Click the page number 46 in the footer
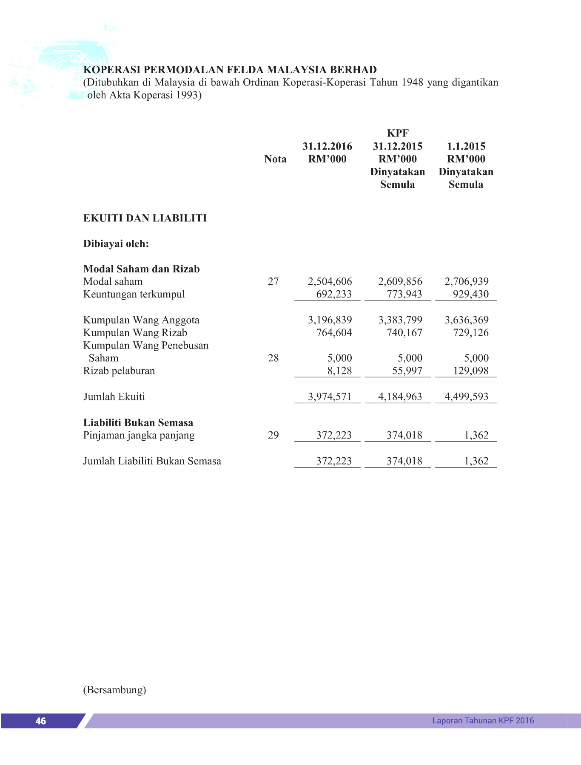tap(41, 721)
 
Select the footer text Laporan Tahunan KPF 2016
tap(483, 720)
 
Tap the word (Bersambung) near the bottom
tap(114, 689)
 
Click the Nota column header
tap(275, 159)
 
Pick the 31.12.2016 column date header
tap(327, 146)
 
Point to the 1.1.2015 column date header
tap(466, 146)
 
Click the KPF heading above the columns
tap(398, 133)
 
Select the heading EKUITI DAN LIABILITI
tap(145, 218)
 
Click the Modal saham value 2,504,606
tap(330, 281)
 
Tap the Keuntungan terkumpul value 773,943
tap(404, 294)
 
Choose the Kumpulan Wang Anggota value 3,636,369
tap(466, 320)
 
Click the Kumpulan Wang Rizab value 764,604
tap(334, 332)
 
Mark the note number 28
tap(273, 358)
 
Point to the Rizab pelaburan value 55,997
tap(407, 371)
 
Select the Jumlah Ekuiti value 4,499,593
tap(466, 397)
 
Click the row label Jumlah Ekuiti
tap(114, 397)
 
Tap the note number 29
tap(273, 435)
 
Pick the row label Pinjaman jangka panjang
tap(139, 435)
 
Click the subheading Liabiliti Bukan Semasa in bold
tap(138, 422)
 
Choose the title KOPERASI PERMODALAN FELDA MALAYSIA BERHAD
tap(230, 70)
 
